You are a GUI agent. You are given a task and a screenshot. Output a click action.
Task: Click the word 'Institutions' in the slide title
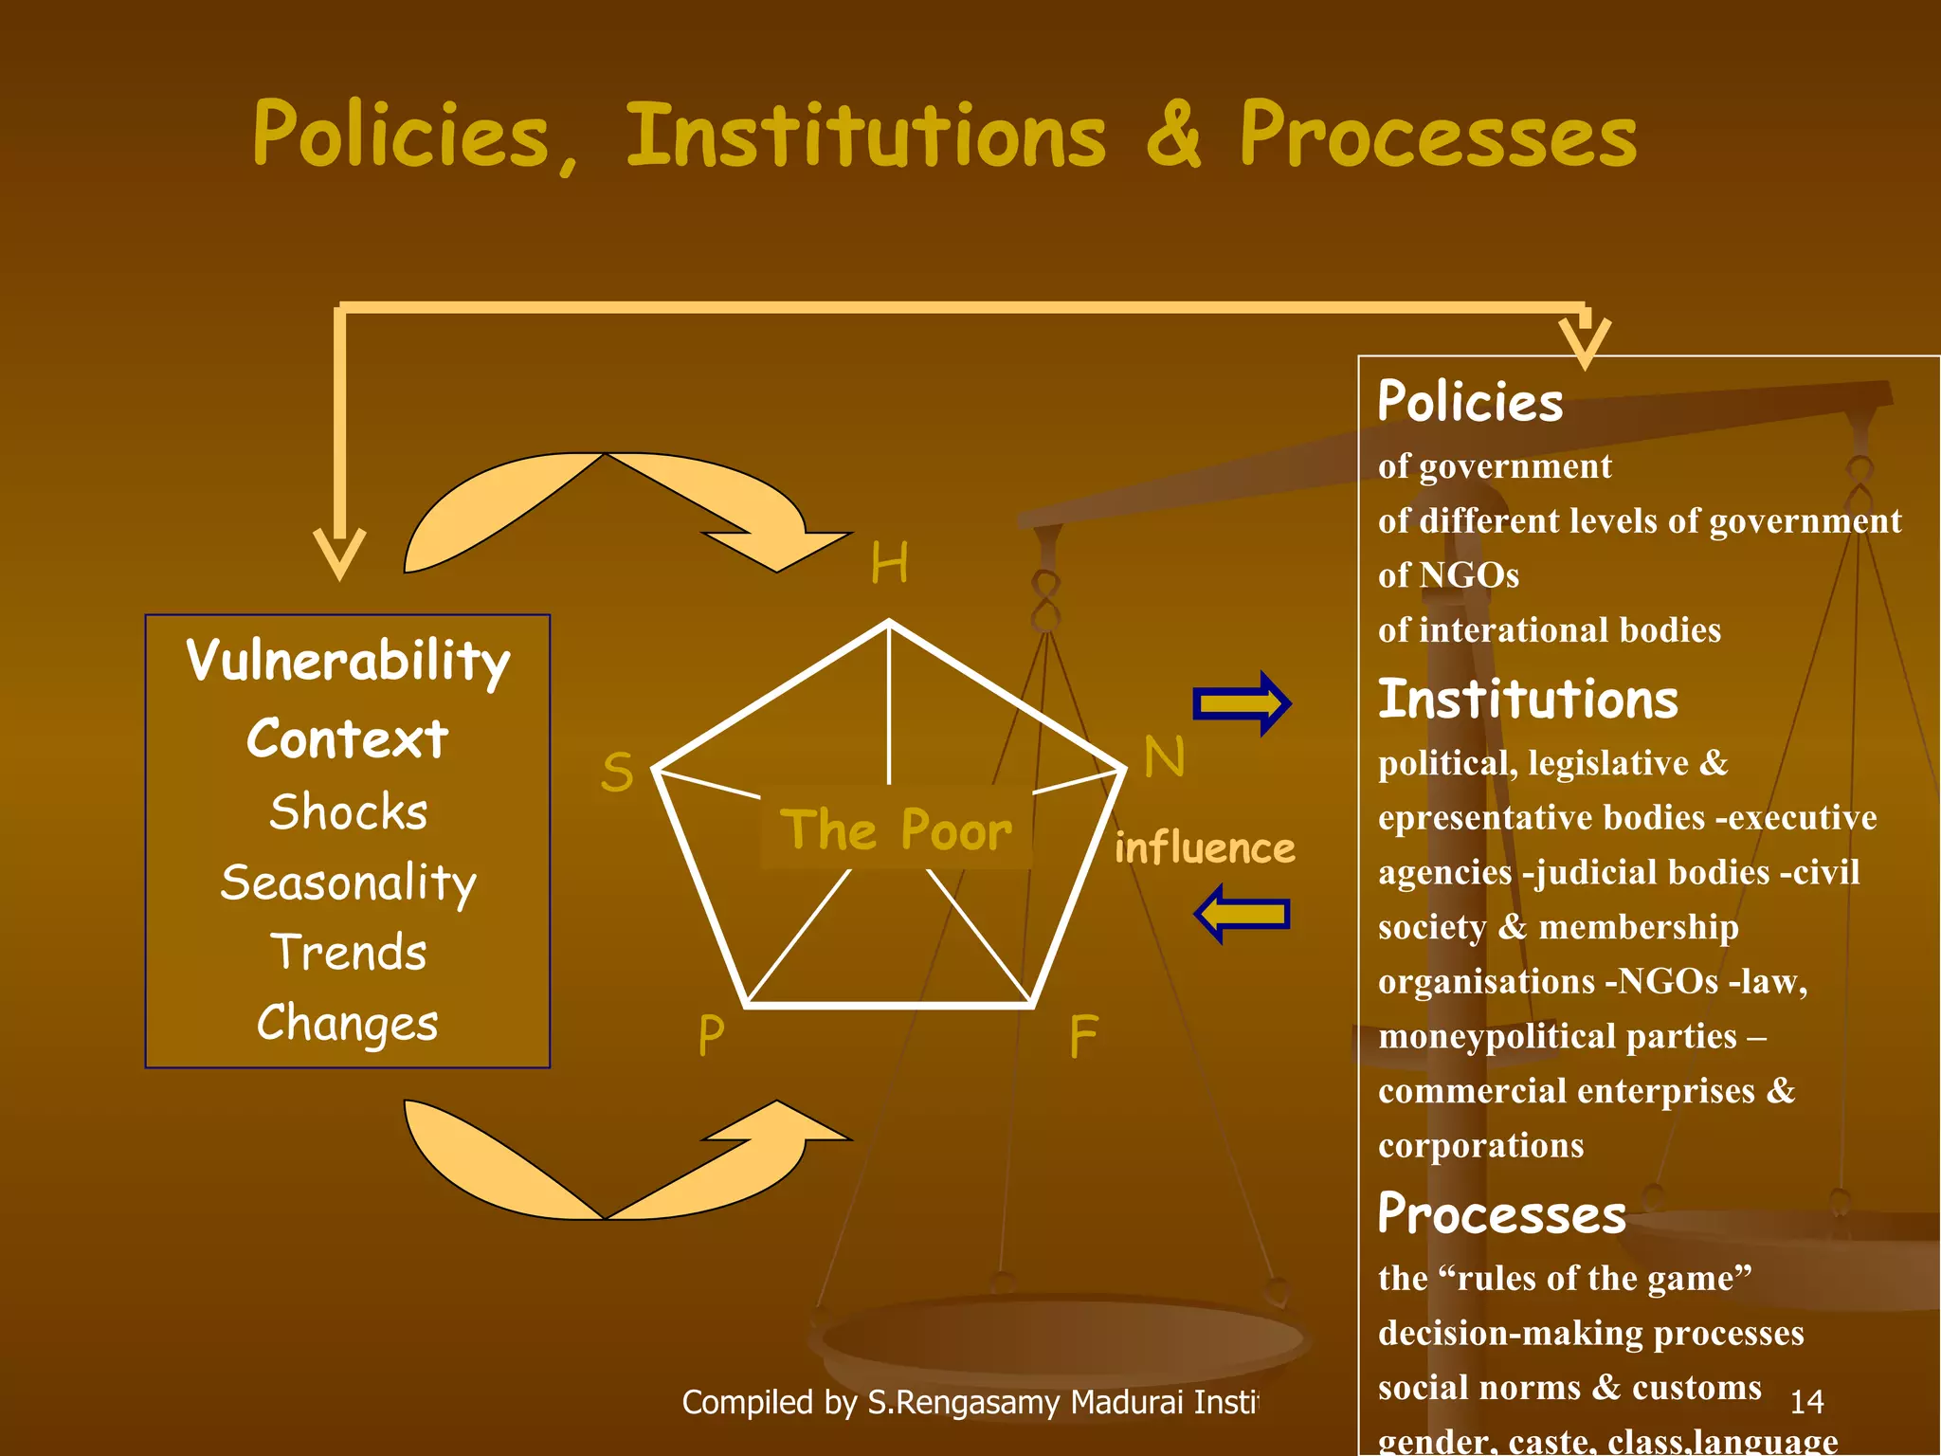coord(865,136)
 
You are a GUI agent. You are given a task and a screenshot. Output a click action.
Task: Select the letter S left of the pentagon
coord(617,772)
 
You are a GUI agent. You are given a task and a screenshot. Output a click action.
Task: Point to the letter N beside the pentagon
coord(1164,757)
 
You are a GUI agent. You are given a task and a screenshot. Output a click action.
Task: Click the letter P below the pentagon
coord(711,1035)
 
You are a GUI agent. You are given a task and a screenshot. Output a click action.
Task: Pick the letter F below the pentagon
coord(1083,1036)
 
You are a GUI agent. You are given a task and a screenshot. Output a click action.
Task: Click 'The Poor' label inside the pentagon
coord(896,829)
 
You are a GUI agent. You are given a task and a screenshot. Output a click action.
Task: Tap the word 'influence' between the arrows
coord(1205,847)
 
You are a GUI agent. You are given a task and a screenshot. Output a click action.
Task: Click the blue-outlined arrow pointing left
coord(1242,914)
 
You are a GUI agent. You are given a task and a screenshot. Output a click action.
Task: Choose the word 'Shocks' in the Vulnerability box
coord(348,812)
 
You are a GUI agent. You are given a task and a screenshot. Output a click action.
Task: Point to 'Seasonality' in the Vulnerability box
coord(348,883)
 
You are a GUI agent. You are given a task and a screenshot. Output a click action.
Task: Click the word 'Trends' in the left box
coord(348,953)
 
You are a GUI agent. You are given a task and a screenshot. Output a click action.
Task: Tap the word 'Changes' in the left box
coord(348,1023)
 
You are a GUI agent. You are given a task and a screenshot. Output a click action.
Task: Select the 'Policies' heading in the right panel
coord(1470,401)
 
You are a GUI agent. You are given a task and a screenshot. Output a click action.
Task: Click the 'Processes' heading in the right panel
coord(1501,1213)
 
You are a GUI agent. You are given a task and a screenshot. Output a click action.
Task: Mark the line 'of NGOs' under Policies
coord(1448,575)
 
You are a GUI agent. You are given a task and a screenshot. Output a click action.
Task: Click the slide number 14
coord(1806,1401)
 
